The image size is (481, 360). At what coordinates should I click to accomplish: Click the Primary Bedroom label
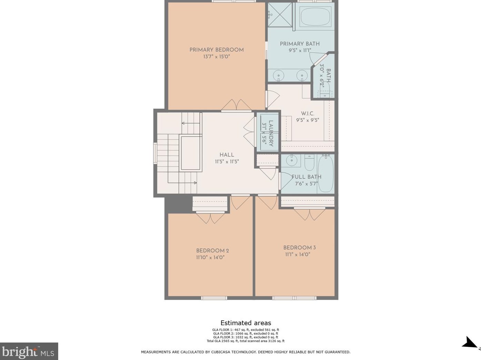tap(217, 50)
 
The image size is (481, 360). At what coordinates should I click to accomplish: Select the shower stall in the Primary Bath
tap(280, 15)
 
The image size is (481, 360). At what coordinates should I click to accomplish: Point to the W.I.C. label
tap(308, 113)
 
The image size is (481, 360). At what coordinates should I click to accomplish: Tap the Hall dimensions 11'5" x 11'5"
tap(227, 162)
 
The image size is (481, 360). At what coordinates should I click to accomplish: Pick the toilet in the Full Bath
tap(309, 162)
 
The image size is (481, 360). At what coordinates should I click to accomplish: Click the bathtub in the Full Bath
tap(325, 173)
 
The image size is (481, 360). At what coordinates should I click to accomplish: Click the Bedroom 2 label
tap(212, 251)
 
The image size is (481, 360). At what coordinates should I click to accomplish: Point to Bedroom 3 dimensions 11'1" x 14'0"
tap(298, 254)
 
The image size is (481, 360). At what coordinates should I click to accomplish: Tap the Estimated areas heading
tap(245, 323)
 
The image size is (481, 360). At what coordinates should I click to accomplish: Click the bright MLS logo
tap(29, 351)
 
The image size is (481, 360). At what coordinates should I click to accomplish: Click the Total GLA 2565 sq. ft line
tap(245, 341)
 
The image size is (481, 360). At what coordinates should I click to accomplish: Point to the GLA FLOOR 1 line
tap(245, 330)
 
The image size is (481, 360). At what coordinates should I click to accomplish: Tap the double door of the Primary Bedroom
tap(236, 105)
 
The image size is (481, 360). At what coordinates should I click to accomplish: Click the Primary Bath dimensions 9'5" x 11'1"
tap(300, 51)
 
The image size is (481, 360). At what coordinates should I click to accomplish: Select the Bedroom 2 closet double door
tap(210, 218)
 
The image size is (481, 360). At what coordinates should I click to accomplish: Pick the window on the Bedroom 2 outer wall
tap(214, 298)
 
